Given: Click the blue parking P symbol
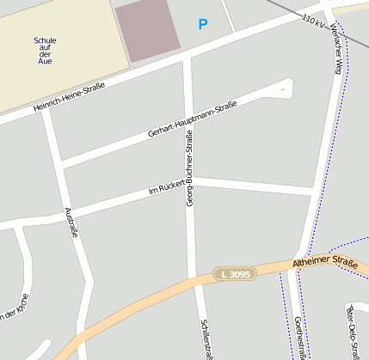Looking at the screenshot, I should point(203,25).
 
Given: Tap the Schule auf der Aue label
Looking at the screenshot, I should point(45,52).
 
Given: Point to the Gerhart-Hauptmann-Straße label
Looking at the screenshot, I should point(192,118).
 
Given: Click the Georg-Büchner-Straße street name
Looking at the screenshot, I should point(189,168).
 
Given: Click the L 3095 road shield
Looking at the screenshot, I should point(235,274).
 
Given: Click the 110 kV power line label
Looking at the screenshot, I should point(312,17).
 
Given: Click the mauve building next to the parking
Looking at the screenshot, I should point(147,29).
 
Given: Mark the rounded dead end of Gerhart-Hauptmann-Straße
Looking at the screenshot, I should point(285,86).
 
